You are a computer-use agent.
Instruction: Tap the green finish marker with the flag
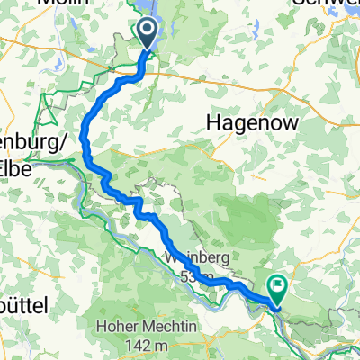pos(278,287)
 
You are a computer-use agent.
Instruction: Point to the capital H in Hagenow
pos(215,121)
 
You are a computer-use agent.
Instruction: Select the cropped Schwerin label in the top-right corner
pos(328,4)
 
